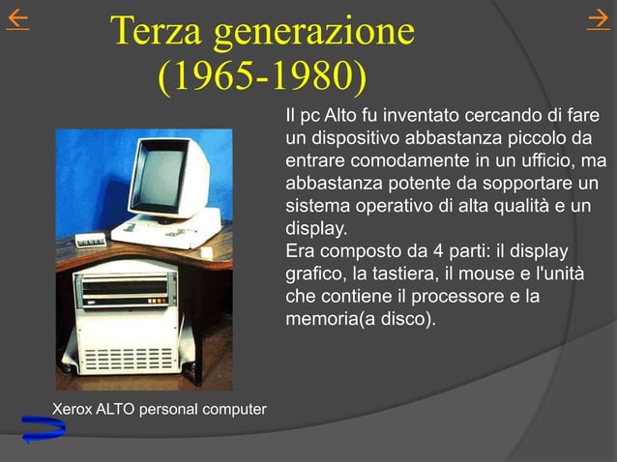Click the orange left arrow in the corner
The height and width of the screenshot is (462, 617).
(x=16, y=22)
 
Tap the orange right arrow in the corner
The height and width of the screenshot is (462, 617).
(x=598, y=22)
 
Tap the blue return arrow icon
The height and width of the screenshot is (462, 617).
(x=43, y=428)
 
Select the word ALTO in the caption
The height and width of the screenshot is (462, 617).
(x=118, y=410)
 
